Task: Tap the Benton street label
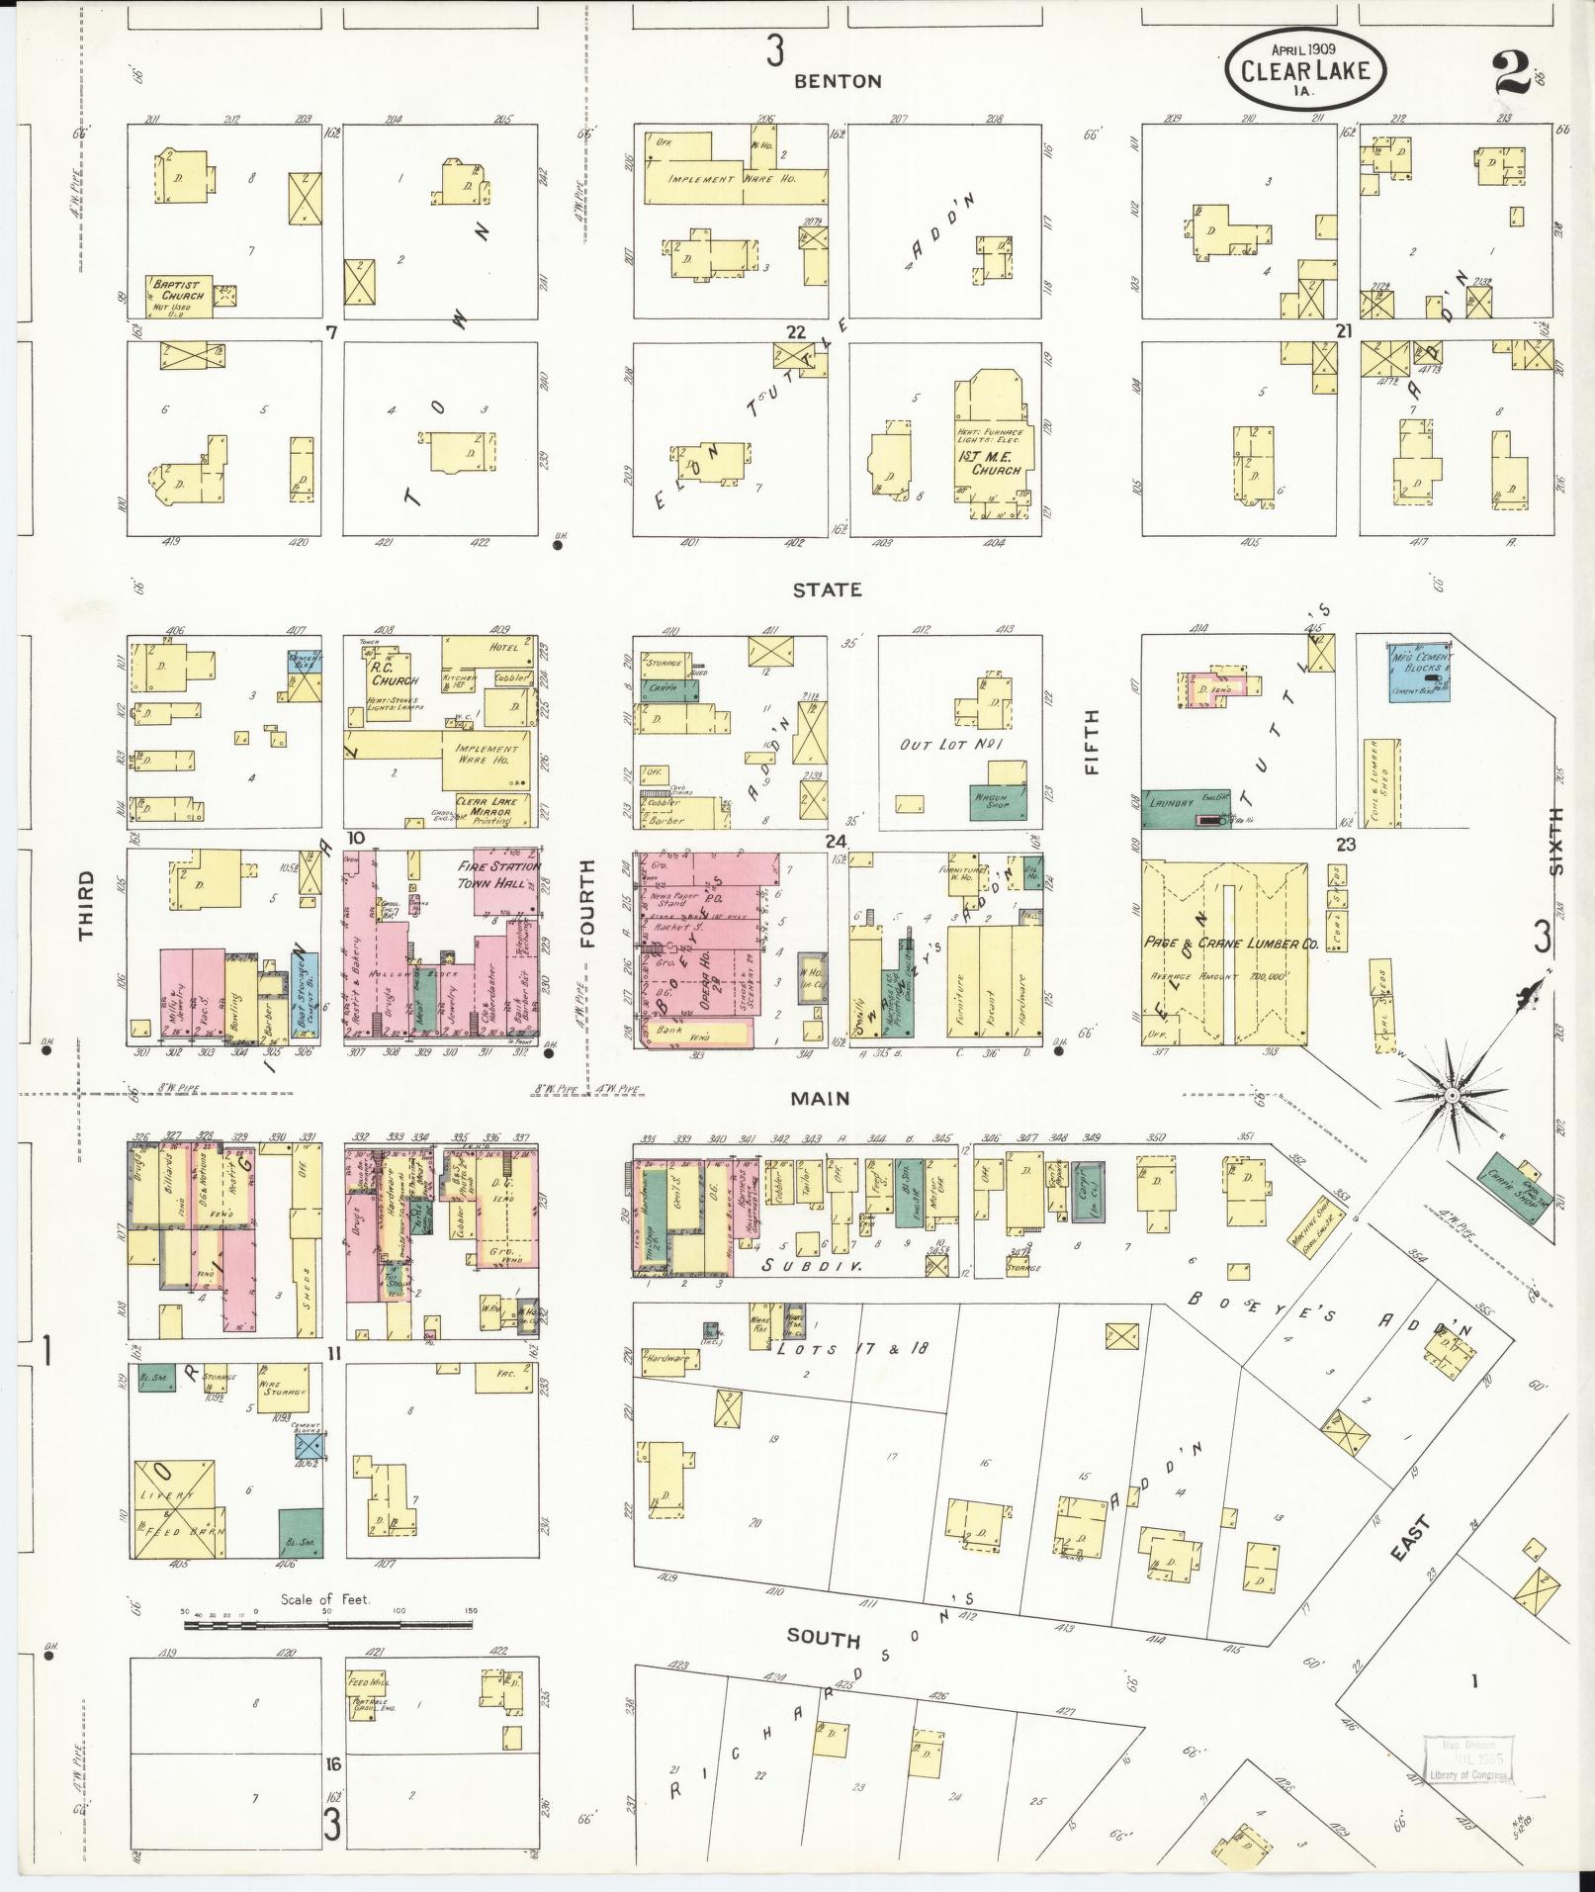838,82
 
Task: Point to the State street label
827,589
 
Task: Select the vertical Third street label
87,905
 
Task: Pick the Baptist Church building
178,295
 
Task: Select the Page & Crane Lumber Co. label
1230,944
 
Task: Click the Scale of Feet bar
328,1624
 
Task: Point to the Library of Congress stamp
1465,1760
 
